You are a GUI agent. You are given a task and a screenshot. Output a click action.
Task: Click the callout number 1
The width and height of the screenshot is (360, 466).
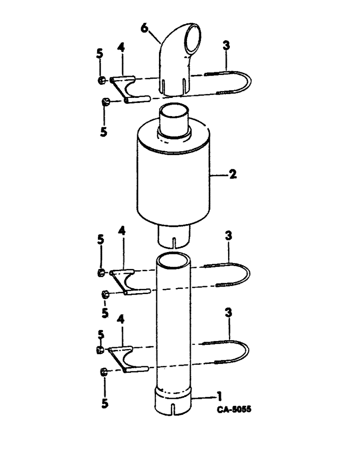pyautogui.click(x=218, y=397)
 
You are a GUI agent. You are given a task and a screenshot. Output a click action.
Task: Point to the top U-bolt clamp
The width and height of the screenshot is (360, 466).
pyautogui.click(x=247, y=84)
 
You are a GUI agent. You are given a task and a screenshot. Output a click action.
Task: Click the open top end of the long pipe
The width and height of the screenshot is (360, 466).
pyautogui.click(x=173, y=257)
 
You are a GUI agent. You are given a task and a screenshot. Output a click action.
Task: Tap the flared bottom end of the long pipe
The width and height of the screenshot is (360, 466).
pyautogui.click(x=174, y=404)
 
